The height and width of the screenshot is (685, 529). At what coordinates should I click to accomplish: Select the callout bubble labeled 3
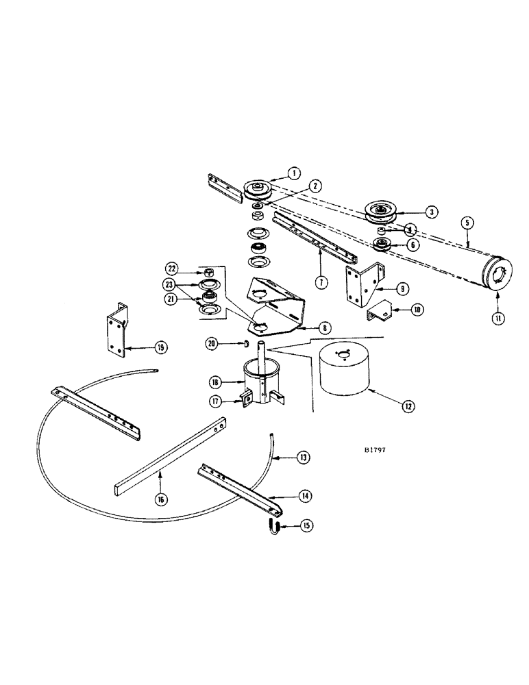pyautogui.click(x=431, y=212)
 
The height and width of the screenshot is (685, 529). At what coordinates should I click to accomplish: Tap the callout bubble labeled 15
pyautogui.click(x=306, y=525)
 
